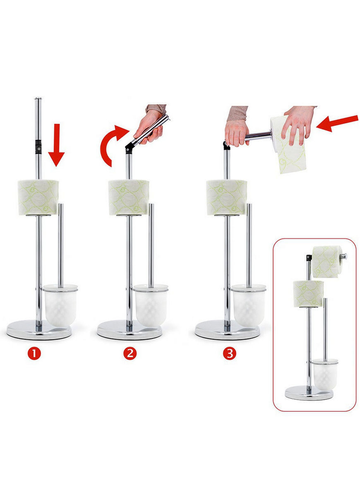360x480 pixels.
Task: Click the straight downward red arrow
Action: click(x=56, y=145)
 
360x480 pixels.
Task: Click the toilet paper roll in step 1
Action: click(x=38, y=197)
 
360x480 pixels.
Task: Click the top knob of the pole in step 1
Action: click(x=38, y=99)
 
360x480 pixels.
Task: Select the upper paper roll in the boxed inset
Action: click(x=326, y=262)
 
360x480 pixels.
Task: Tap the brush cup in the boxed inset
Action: click(x=325, y=374)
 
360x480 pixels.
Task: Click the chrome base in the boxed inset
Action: click(x=309, y=393)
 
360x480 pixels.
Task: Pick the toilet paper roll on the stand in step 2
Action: click(x=129, y=197)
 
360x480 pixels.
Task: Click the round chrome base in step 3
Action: click(x=228, y=330)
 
